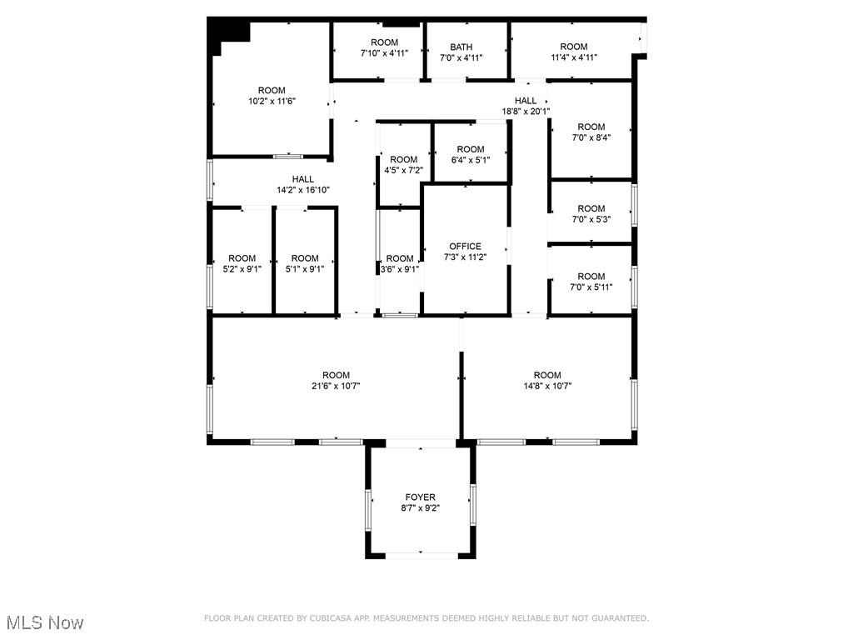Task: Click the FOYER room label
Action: point(420,497)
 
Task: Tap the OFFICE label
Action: point(465,247)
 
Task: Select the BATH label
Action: point(461,47)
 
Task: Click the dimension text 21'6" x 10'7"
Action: point(337,386)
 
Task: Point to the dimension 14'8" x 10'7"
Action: point(547,386)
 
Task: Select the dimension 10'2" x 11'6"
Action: point(272,101)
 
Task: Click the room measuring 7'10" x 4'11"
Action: point(384,47)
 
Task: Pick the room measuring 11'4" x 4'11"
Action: point(573,52)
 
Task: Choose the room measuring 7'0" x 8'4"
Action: point(591,132)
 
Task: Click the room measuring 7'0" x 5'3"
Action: point(591,214)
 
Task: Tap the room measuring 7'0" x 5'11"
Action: point(591,282)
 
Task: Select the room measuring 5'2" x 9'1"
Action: point(242,263)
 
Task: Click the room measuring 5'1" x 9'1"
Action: point(305,263)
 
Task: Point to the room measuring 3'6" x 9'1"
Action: point(399,263)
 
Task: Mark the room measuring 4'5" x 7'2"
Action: point(403,164)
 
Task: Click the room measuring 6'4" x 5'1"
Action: point(471,154)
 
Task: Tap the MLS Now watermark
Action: point(45,622)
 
